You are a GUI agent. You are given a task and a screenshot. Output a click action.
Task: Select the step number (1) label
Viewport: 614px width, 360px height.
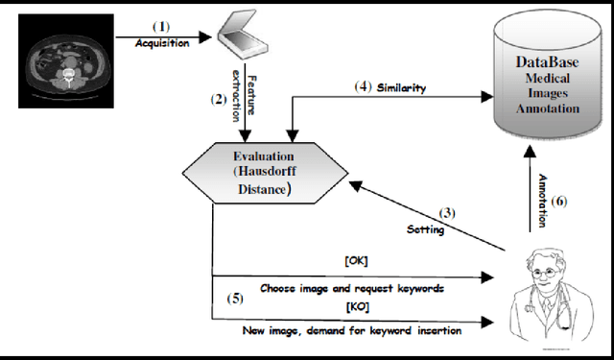coord(160,27)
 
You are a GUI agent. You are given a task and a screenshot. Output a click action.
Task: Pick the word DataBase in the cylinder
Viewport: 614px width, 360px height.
coord(544,62)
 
